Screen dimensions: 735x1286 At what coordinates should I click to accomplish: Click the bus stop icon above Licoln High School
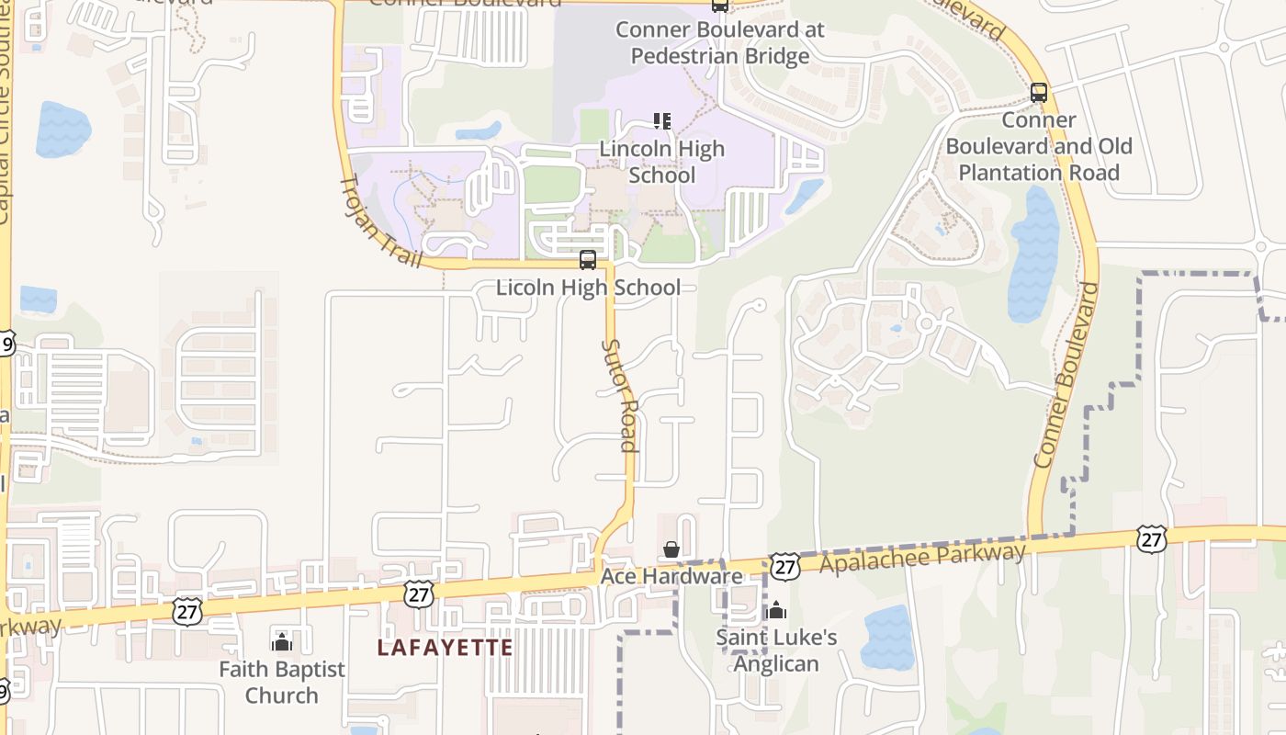[x=588, y=260]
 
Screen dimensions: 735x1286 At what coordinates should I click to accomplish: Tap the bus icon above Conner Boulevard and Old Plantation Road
[x=1039, y=93]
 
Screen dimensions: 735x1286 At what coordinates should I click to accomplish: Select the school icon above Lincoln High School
[x=662, y=121]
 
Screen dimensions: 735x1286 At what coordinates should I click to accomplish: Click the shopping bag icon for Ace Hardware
[x=671, y=549]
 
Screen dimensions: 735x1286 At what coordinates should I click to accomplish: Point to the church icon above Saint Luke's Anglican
[x=776, y=610]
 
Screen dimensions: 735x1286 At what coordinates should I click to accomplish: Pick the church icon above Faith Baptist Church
[x=282, y=641]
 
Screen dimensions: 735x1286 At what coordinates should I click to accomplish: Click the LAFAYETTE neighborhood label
[x=446, y=648]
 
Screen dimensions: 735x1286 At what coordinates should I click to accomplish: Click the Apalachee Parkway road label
[x=922, y=558]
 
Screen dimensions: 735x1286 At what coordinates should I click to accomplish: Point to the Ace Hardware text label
[x=671, y=577]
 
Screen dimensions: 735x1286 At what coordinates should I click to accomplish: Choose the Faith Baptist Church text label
[x=282, y=682]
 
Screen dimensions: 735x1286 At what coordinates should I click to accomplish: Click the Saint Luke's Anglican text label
[x=776, y=650]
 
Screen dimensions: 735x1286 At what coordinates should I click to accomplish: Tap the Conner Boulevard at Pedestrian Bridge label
[x=720, y=42]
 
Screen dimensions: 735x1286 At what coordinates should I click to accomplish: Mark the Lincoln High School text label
[x=662, y=162]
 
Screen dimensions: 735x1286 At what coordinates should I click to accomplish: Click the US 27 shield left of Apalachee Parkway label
[x=784, y=566]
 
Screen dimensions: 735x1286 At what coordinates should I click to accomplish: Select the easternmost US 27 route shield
[x=1151, y=539]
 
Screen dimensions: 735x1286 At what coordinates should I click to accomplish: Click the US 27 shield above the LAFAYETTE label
[x=419, y=594]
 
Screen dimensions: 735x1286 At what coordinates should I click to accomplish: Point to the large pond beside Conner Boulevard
[x=1033, y=254]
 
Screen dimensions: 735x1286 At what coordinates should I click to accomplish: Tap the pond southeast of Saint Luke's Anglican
[x=887, y=638]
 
